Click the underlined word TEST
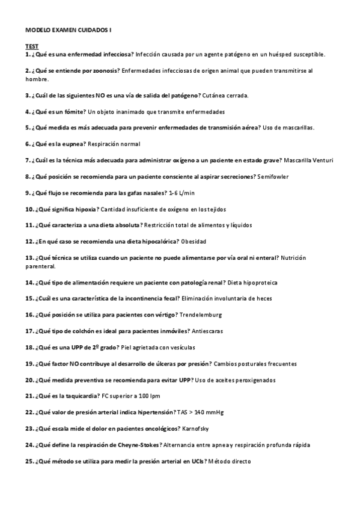tap(31, 46)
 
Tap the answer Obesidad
tap(194, 241)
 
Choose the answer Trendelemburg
tap(200, 315)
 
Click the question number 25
tap(29, 461)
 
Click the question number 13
tap(29, 257)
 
